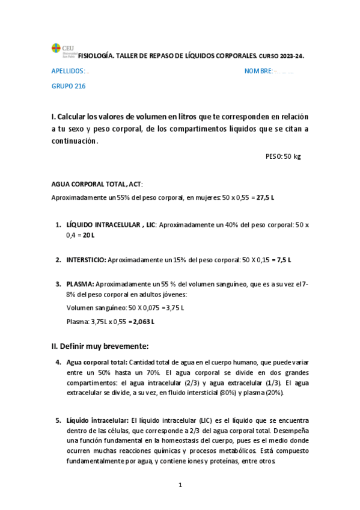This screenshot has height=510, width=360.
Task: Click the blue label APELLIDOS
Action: click(x=68, y=71)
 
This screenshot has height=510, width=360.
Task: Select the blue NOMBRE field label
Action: click(x=258, y=71)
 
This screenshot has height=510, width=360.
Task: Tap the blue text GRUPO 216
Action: click(x=69, y=86)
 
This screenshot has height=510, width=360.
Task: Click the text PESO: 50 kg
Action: click(x=282, y=156)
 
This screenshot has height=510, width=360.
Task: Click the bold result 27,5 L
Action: click(x=265, y=197)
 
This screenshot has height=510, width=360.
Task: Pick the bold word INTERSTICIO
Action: click(x=86, y=260)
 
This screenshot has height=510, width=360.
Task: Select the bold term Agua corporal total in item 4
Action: click(x=97, y=363)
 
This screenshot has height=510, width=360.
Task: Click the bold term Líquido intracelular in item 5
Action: click(x=97, y=420)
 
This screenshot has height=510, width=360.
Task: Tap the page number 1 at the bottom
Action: click(x=180, y=484)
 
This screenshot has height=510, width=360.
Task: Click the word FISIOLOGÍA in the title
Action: click(x=96, y=55)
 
